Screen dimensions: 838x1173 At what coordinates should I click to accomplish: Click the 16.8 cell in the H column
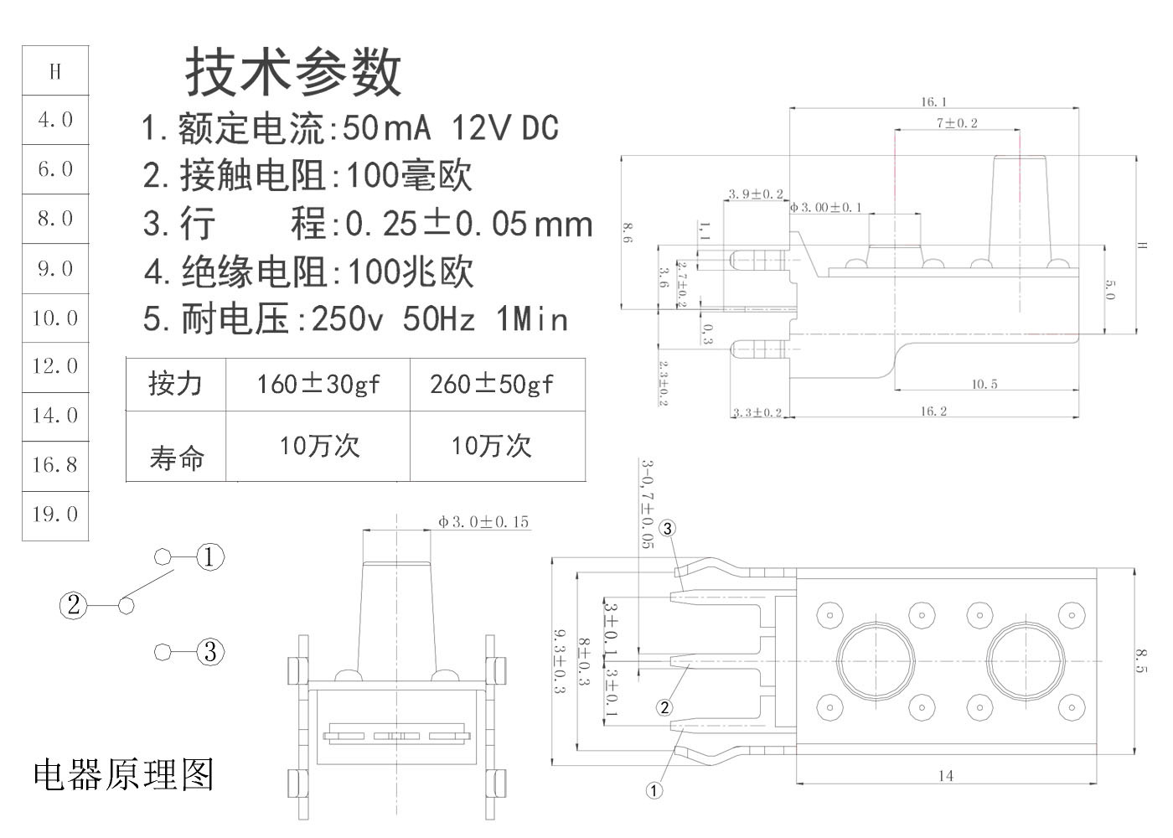pos(55,464)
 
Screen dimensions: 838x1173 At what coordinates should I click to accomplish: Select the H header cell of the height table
pos(55,71)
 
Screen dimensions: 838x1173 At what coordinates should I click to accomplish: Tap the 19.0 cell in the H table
pos(55,514)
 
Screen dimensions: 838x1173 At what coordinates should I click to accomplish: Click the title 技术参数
pos(293,72)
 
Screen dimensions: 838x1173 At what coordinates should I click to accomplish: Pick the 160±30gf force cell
pos(318,385)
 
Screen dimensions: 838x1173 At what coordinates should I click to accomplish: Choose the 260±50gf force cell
pos(492,385)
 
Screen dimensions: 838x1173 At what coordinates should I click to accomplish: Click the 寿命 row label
pos(177,458)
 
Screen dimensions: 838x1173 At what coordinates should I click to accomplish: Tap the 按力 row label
pos(175,384)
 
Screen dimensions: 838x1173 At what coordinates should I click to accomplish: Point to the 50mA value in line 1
pos(386,128)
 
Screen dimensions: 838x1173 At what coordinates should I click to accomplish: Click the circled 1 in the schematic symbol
pos(210,556)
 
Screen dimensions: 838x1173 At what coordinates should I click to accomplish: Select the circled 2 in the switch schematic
pos(73,604)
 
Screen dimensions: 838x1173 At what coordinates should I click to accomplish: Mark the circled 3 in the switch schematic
pos(210,651)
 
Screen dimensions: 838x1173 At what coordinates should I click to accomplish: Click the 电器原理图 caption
pos(124,775)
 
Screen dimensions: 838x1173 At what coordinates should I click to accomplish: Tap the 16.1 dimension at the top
pos(933,102)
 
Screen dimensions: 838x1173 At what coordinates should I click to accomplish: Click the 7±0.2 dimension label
pos(957,123)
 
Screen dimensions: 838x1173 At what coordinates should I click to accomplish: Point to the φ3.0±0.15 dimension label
pos(483,522)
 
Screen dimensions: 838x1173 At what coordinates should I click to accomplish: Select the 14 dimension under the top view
pos(945,776)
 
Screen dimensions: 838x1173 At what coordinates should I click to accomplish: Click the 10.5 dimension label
pos(984,385)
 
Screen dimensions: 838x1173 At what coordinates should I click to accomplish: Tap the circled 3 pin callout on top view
pos(667,528)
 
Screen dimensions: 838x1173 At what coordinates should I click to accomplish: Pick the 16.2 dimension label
pos(933,411)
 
